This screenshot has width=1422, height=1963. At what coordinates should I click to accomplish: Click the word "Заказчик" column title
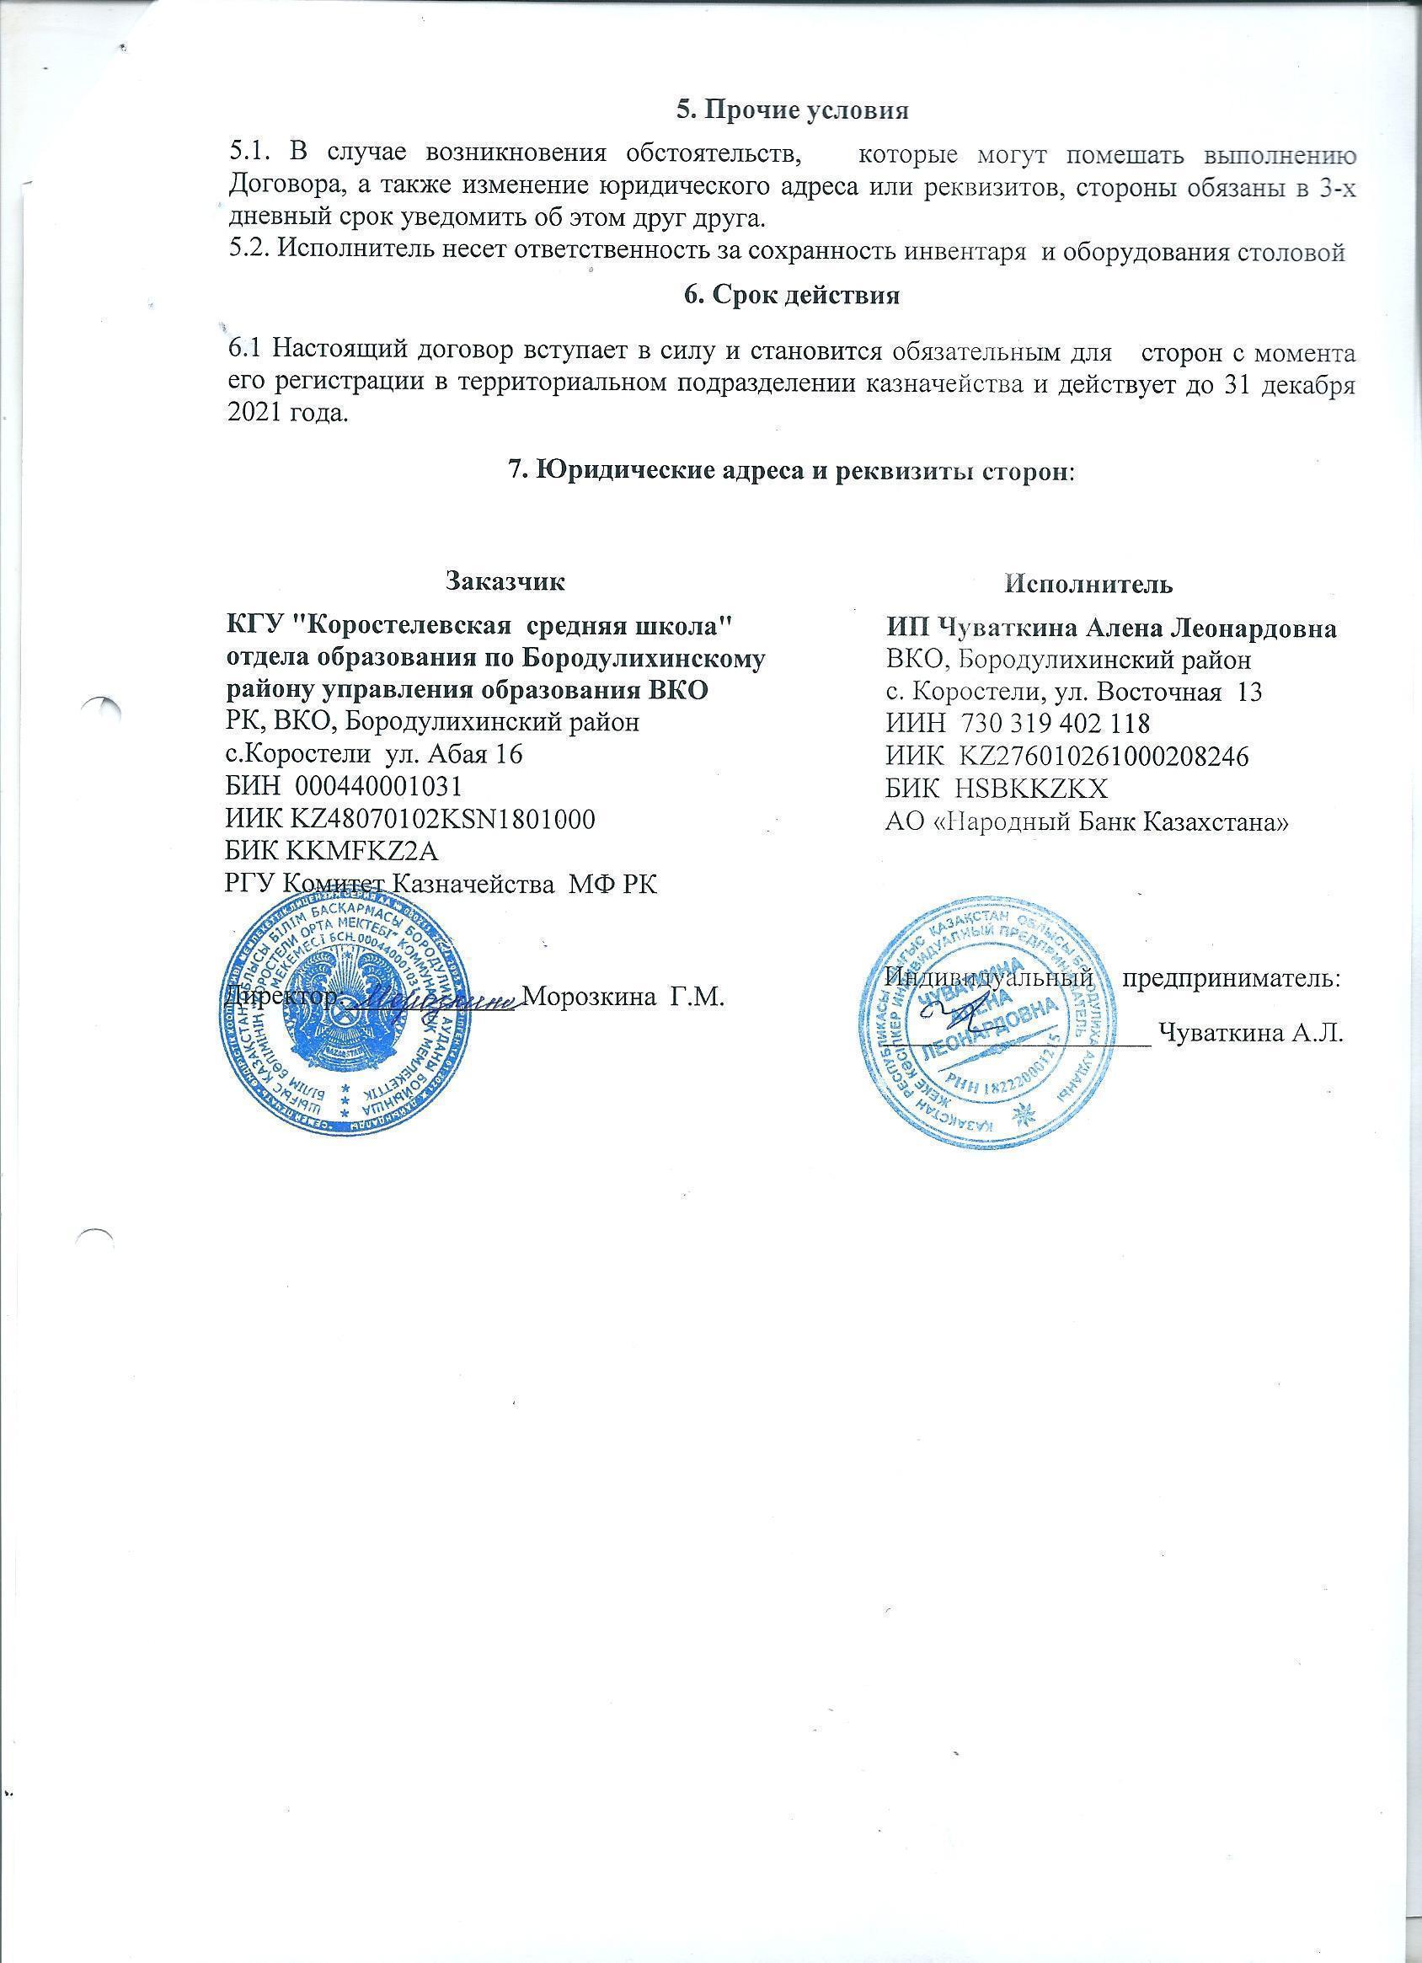(505, 580)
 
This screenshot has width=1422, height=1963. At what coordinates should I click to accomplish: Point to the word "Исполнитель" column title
(1088, 584)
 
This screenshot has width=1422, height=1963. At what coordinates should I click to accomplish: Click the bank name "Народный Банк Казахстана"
(1113, 821)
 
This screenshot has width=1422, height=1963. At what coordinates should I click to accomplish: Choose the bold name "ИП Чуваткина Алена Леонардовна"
(1111, 628)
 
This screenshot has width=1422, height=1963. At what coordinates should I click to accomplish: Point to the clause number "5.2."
(249, 252)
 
